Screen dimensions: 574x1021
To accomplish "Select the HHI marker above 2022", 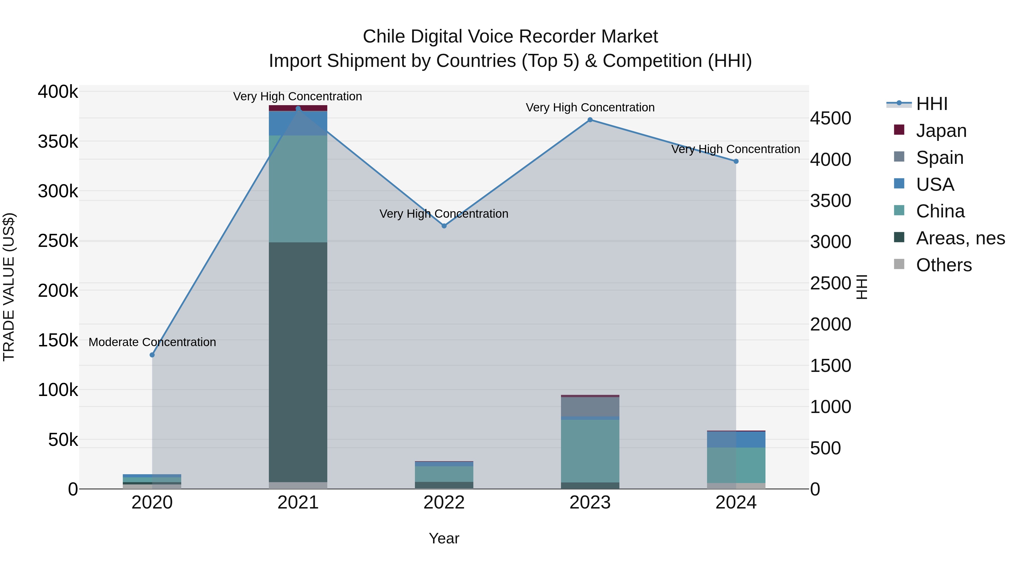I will pyautogui.click(x=444, y=226).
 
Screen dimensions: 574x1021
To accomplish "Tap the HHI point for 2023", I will pyautogui.click(x=590, y=120).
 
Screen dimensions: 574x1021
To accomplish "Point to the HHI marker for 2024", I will pyautogui.click(x=736, y=161).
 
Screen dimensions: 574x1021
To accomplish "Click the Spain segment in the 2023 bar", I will pyautogui.click(x=590, y=406).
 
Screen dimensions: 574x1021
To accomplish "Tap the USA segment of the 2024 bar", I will pyautogui.click(x=736, y=440).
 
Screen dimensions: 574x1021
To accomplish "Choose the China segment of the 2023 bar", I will pyautogui.click(x=590, y=451).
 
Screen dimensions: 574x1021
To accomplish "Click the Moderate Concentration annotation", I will pyautogui.click(x=152, y=342).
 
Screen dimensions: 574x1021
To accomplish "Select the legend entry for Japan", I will pyautogui.click(x=941, y=131).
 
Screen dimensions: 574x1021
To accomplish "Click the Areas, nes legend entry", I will pyautogui.click(x=960, y=238).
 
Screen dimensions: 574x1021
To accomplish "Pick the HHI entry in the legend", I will pyautogui.click(x=931, y=104).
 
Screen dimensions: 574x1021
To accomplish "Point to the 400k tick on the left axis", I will pyautogui.click(x=58, y=92).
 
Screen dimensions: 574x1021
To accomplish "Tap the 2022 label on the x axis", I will pyautogui.click(x=444, y=503).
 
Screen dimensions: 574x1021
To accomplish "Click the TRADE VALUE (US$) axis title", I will pyautogui.click(x=9, y=287).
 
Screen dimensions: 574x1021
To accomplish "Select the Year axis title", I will pyautogui.click(x=444, y=538).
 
